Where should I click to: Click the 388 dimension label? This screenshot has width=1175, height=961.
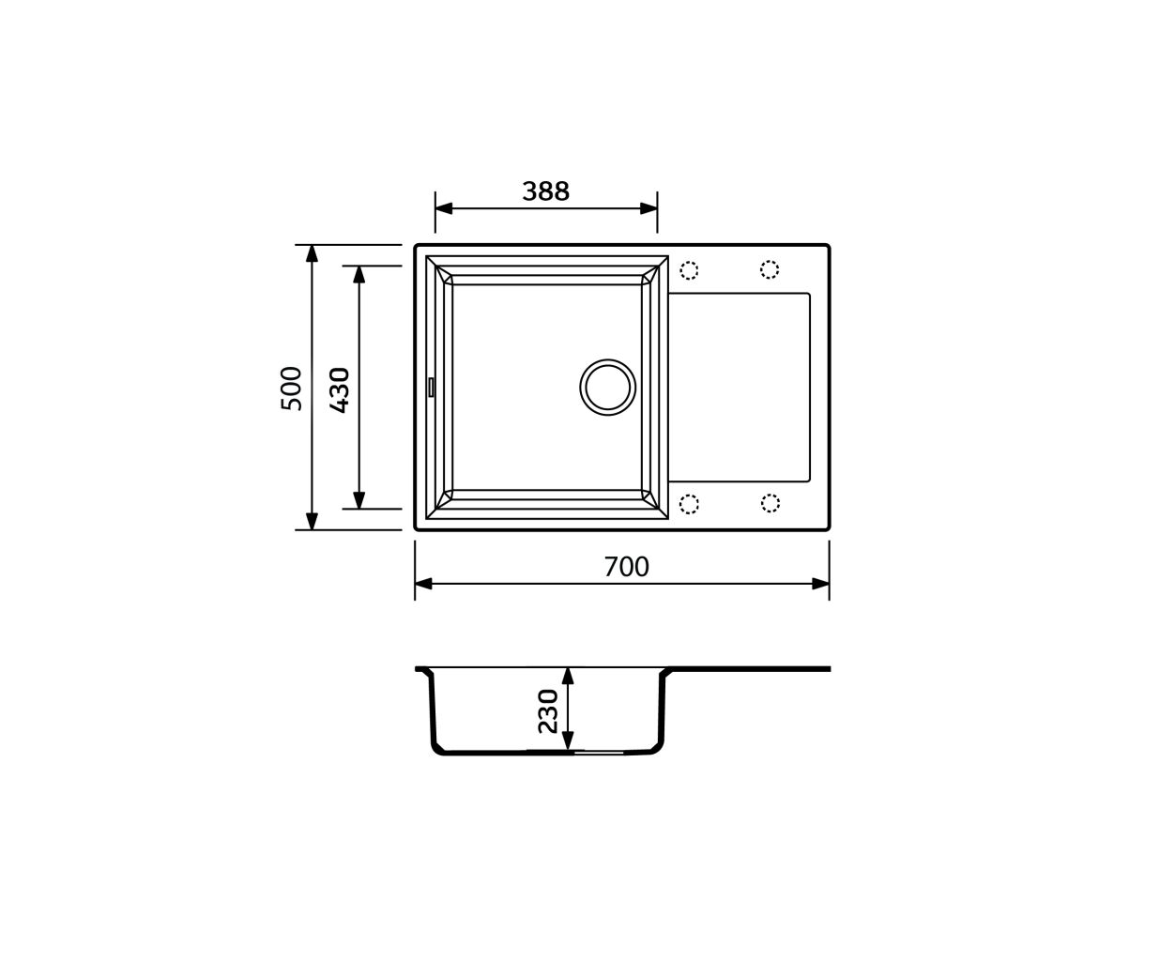point(545,191)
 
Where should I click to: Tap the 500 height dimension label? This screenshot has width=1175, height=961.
point(291,389)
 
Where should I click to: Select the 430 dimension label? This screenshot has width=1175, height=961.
point(340,390)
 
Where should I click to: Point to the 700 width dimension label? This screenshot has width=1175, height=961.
point(626,567)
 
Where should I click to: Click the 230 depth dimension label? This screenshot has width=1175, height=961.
point(548,711)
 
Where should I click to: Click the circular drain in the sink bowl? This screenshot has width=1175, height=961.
point(607,388)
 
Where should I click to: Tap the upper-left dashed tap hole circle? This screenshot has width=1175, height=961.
point(689,270)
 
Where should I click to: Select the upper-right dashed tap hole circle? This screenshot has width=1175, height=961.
point(770,269)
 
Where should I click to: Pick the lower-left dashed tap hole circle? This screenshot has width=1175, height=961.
point(689,504)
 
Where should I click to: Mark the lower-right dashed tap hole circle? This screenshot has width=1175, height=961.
point(770,503)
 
